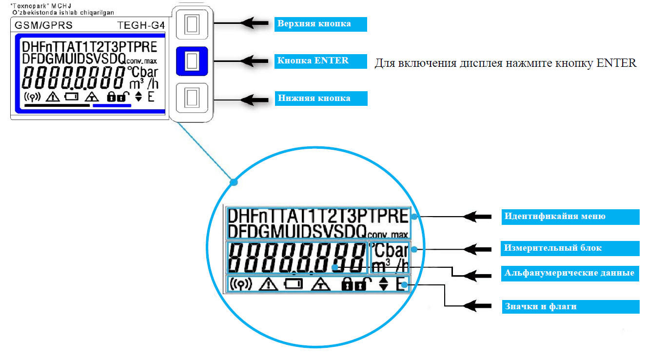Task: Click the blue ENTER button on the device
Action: click(x=192, y=61)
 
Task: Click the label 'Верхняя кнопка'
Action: click(x=314, y=23)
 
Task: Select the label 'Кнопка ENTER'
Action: click(x=313, y=61)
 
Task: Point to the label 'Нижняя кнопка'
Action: click(x=314, y=98)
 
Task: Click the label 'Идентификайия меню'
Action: click(x=555, y=216)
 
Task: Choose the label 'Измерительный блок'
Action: click(x=553, y=248)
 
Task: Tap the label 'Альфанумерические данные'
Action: click(x=569, y=273)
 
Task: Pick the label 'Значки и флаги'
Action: click(x=540, y=306)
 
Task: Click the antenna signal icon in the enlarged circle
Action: click(x=240, y=284)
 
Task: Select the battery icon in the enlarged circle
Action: click(x=294, y=284)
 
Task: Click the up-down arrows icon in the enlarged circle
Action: click(x=384, y=284)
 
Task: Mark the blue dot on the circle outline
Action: click(x=234, y=182)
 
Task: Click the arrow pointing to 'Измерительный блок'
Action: click(x=476, y=248)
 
